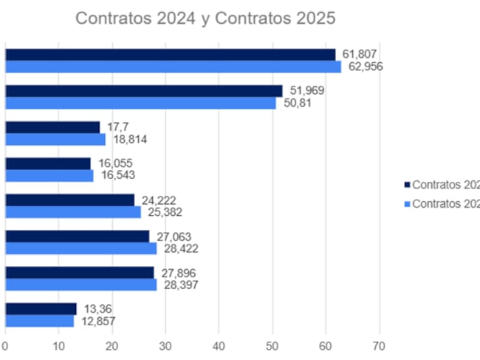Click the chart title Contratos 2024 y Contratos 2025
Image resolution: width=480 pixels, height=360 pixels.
coord(204,18)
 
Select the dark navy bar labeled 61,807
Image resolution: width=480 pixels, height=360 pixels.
coord(170,54)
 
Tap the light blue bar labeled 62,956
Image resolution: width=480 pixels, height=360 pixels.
coord(173,67)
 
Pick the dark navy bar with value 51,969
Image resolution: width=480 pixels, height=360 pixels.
coord(143,90)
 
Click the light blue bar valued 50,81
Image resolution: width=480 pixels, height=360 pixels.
coord(140,103)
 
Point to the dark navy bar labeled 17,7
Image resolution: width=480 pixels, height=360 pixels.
coord(52,126)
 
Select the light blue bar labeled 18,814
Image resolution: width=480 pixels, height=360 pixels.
coord(55,139)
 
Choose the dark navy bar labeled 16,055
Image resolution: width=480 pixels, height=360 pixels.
coord(48,163)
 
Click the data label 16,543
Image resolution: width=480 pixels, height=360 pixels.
coord(117,176)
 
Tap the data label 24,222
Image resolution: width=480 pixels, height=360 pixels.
coord(159,200)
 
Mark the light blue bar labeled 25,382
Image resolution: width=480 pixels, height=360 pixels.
coord(72,212)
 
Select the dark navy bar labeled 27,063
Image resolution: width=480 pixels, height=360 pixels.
coord(77,236)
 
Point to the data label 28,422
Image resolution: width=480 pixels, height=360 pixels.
coord(180,248)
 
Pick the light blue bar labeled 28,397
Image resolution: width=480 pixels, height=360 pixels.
coord(80,285)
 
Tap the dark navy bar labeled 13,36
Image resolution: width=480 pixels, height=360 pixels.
coord(41,308)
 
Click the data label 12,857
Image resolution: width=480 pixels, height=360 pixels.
coord(98,321)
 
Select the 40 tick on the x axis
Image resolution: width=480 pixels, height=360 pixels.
coord(219,344)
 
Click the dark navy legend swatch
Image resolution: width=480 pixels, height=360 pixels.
coord(406,184)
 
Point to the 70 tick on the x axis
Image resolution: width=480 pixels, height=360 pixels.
coord(380,344)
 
